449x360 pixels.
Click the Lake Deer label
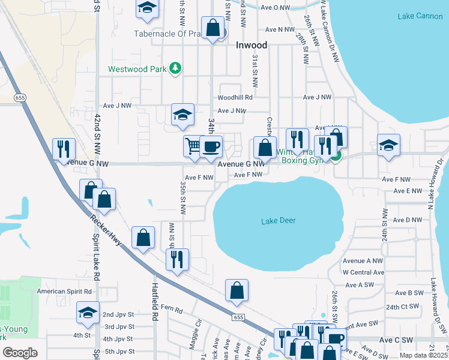coord(279,221)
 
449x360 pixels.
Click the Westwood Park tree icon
coord(175,68)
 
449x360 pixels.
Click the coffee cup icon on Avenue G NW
coord(210,146)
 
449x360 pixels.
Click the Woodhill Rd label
coord(235,97)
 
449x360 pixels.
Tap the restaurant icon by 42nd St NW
coord(64,149)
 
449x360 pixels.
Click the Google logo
coord(20,352)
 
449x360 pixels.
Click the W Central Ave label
coord(363,272)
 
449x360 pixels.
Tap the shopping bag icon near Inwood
coord(212,28)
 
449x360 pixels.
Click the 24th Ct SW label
coord(402,307)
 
